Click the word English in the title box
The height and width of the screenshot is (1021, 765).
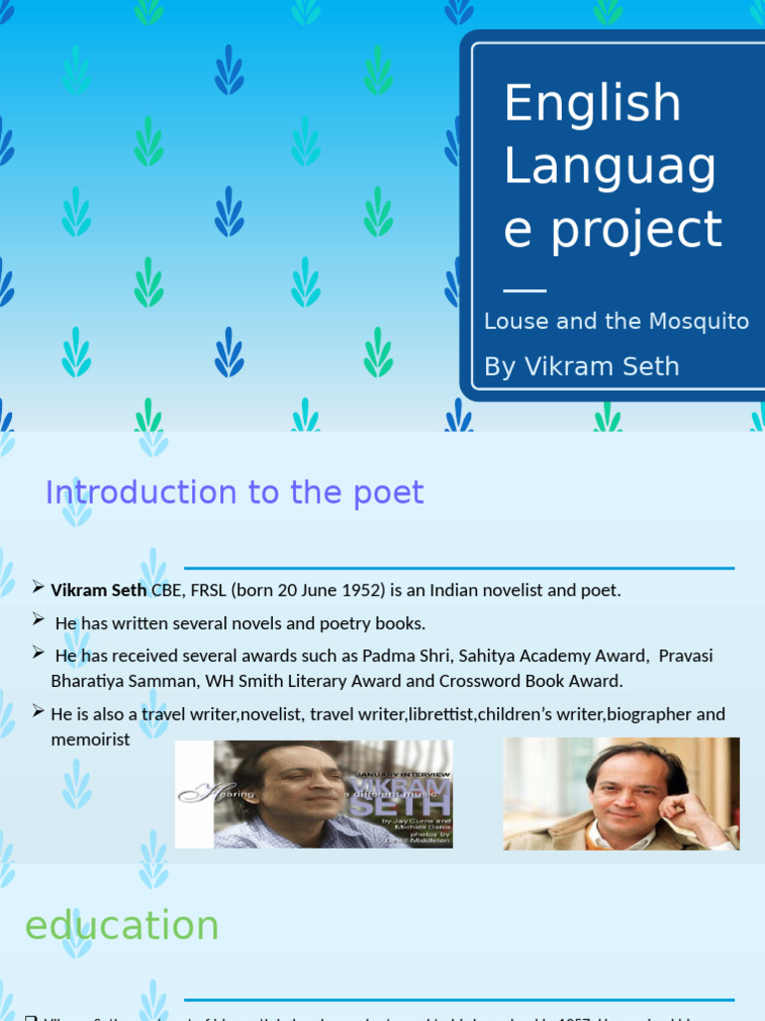(x=592, y=104)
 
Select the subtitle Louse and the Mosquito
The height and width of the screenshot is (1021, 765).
(x=616, y=321)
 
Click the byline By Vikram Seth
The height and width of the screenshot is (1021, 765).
(x=581, y=366)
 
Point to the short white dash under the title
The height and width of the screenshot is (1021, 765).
(x=525, y=290)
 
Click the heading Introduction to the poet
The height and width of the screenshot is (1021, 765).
(x=235, y=493)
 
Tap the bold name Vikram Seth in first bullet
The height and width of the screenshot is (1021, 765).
(x=99, y=590)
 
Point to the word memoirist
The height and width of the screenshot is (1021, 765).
(x=91, y=740)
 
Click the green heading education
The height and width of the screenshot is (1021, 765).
(x=122, y=925)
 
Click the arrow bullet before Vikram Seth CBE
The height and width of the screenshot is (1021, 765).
(x=38, y=586)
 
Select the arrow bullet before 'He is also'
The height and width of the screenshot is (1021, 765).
(x=38, y=711)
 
